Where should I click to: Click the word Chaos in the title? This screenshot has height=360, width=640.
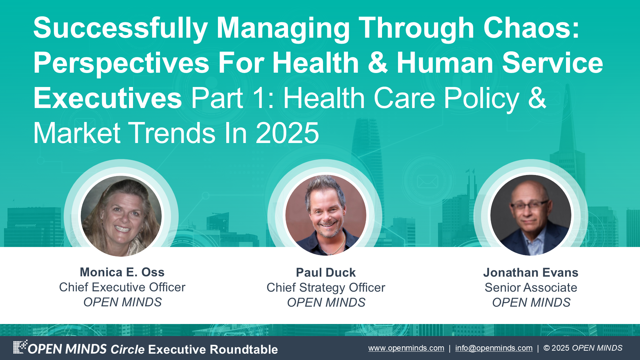click(531, 28)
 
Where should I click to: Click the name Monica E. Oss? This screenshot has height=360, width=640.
click(122, 272)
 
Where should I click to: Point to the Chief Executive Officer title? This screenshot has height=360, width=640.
click(122, 287)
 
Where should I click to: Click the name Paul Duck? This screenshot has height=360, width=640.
click(326, 273)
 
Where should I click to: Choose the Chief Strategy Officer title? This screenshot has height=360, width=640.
click(326, 288)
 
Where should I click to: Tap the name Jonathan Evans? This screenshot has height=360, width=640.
click(531, 273)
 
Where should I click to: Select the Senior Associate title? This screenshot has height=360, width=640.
click(531, 288)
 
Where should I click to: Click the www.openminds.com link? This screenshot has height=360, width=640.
click(406, 348)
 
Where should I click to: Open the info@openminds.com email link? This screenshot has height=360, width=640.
click(494, 348)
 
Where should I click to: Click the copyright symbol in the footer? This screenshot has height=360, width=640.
click(547, 348)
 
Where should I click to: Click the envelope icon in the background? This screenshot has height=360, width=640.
click(428, 182)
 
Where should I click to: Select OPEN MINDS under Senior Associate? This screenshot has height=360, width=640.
click(531, 303)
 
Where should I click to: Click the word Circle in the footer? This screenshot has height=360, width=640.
click(127, 349)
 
